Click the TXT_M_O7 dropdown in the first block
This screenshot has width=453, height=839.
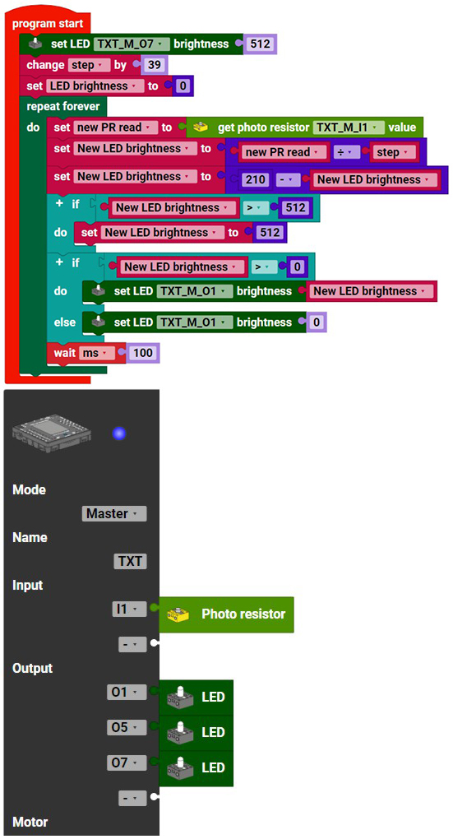(132, 44)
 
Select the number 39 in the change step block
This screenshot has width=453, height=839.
(155, 65)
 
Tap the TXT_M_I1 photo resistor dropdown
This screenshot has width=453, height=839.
(349, 127)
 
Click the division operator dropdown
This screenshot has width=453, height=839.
(347, 152)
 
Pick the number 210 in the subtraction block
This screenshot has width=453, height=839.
(256, 180)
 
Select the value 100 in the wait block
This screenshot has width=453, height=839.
(143, 353)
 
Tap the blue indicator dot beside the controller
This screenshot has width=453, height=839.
(119, 433)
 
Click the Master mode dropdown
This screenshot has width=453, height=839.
(114, 513)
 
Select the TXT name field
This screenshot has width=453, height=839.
(130, 561)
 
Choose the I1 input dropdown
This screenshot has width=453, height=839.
(129, 609)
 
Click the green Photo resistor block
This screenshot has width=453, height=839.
(227, 614)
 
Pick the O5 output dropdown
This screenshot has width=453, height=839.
(127, 728)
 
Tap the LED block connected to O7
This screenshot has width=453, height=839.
(196, 767)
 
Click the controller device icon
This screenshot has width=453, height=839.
(51, 433)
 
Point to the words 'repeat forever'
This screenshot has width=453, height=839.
(63, 106)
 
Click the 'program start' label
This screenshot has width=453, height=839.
(48, 24)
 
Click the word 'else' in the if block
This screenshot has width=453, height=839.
(65, 322)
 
